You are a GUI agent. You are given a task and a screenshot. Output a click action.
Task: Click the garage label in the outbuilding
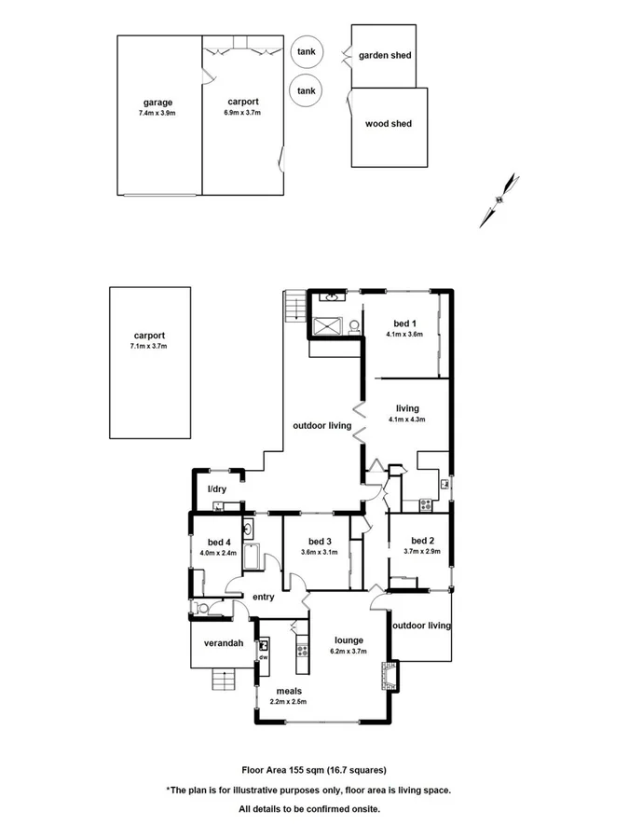pyautogui.click(x=157, y=103)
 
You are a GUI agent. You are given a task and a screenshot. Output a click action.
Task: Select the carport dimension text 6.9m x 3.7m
pyautogui.click(x=242, y=113)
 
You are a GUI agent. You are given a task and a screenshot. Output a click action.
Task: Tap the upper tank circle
pyautogui.click(x=306, y=52)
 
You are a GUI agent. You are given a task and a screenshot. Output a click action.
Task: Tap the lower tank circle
pyautogui.click(x=306, y=90)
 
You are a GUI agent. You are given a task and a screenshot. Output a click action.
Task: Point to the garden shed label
pyautogui.click(x=385, y=56)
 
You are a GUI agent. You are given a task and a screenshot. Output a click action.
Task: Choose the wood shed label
pyautogui.click(x=389, y=123)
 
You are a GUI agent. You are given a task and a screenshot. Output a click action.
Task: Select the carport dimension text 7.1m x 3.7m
pyautogui.click(x=149, y=347)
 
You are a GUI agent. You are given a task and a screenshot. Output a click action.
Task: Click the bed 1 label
pyautogui.click(x=405, y=322)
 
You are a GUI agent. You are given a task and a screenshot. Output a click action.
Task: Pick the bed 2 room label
pyautogui.click(x=422, y=541)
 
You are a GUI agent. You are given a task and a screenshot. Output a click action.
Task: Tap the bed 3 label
pyautogui.click(x=319, y=542)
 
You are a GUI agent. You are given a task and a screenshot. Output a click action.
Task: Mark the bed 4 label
pyautogui.click(x=219, y=542)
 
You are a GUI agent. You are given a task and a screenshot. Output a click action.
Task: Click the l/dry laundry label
pyautogui.click(x=216, y=489)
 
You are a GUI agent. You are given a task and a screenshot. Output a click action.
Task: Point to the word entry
pyautogui.click(x=263, y=598)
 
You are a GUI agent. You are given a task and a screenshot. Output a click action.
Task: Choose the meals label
pyautogui.click(x=287, y=692)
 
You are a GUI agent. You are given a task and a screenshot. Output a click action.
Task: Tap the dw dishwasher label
pyautogui.click(x=264, y=656)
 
